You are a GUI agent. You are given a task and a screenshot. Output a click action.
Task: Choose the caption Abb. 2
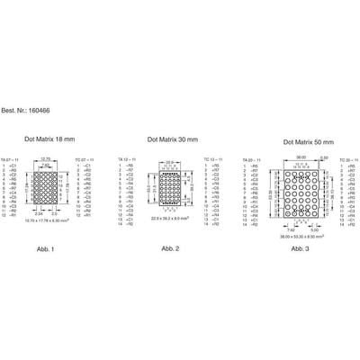(x=170, y=247)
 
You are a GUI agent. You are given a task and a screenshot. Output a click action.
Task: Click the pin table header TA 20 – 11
(x=254, y=159)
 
